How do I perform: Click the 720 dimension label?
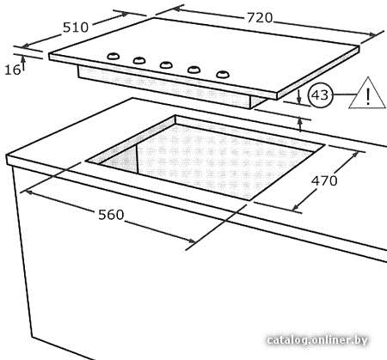[x=260, y=18]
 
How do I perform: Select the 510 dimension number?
[x=76, y=27]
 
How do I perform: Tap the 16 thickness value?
[x=13, y=70]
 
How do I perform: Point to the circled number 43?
[x=320, y=95]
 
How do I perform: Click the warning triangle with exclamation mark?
[x=367, y=93]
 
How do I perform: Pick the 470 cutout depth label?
[x=324, y=180]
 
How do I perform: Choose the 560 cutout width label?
[x=111, y=215]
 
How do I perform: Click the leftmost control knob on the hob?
[x=113, y=56]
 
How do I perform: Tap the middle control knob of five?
[x=166, y=65]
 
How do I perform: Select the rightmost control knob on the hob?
[x=223, y=75]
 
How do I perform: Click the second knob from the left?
[x=139, y=60]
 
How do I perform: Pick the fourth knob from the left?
[x=193, y=70]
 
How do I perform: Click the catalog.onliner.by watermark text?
[x=317, y=340]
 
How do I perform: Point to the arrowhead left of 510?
[x=25, y=46]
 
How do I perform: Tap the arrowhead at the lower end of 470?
[x=296, y=207]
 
